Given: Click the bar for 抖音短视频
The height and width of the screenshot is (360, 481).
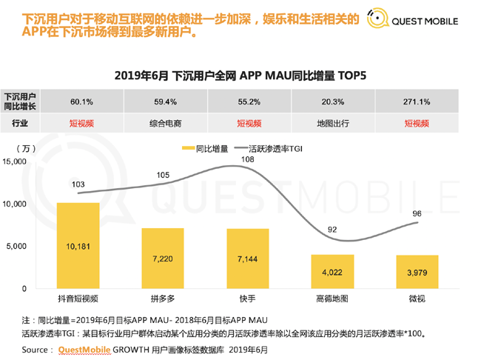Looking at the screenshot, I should [78, 245].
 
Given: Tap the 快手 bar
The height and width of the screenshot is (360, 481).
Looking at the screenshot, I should [248, 259].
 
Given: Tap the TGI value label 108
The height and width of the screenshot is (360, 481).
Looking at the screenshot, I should [249, 159].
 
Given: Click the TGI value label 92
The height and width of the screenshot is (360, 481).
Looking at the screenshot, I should [333, 230].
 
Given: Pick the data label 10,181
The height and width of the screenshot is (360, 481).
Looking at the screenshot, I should [78, 247].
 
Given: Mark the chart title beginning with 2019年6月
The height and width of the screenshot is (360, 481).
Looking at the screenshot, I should [240, 75].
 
